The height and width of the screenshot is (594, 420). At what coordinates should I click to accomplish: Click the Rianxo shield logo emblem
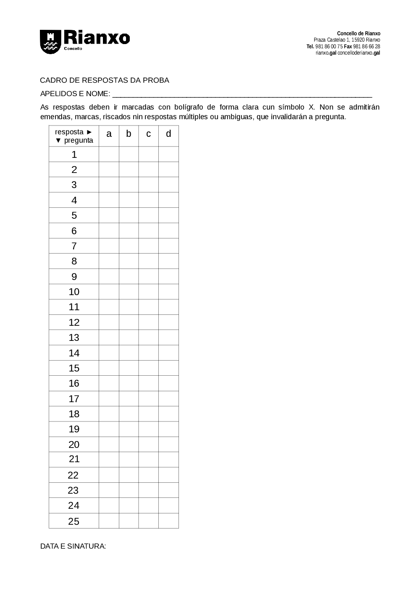point(50,42)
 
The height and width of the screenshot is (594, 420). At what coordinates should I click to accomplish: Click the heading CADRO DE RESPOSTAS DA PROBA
point(105,80)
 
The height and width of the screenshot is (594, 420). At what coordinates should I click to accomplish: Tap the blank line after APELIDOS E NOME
point(242,94)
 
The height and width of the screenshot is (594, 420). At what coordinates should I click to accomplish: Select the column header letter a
point(109,134)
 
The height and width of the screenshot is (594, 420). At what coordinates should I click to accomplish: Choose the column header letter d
point(168,134)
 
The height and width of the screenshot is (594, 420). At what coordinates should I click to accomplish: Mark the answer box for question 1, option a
point(109,154)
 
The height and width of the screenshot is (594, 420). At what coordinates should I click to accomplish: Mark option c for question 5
point(148,215)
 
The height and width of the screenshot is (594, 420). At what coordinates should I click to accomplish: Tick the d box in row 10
point(168,292)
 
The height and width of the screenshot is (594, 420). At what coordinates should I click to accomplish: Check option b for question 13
point(129,338)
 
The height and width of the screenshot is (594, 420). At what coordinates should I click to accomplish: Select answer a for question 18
point(109,414)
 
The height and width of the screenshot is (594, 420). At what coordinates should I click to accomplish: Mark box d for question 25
point(168,521)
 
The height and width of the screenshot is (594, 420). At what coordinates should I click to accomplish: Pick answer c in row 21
point(148,460)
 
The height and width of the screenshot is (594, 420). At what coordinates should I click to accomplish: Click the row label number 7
point(74,246)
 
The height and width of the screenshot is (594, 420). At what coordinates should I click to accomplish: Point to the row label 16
point(74,383)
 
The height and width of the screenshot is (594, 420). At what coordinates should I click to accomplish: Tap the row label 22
point(73,475)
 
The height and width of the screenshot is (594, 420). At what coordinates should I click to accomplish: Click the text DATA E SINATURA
point(73,546)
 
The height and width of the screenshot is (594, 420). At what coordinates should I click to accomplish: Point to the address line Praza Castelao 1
point(346,40)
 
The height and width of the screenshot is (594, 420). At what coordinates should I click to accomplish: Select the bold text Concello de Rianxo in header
point(358,34)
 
